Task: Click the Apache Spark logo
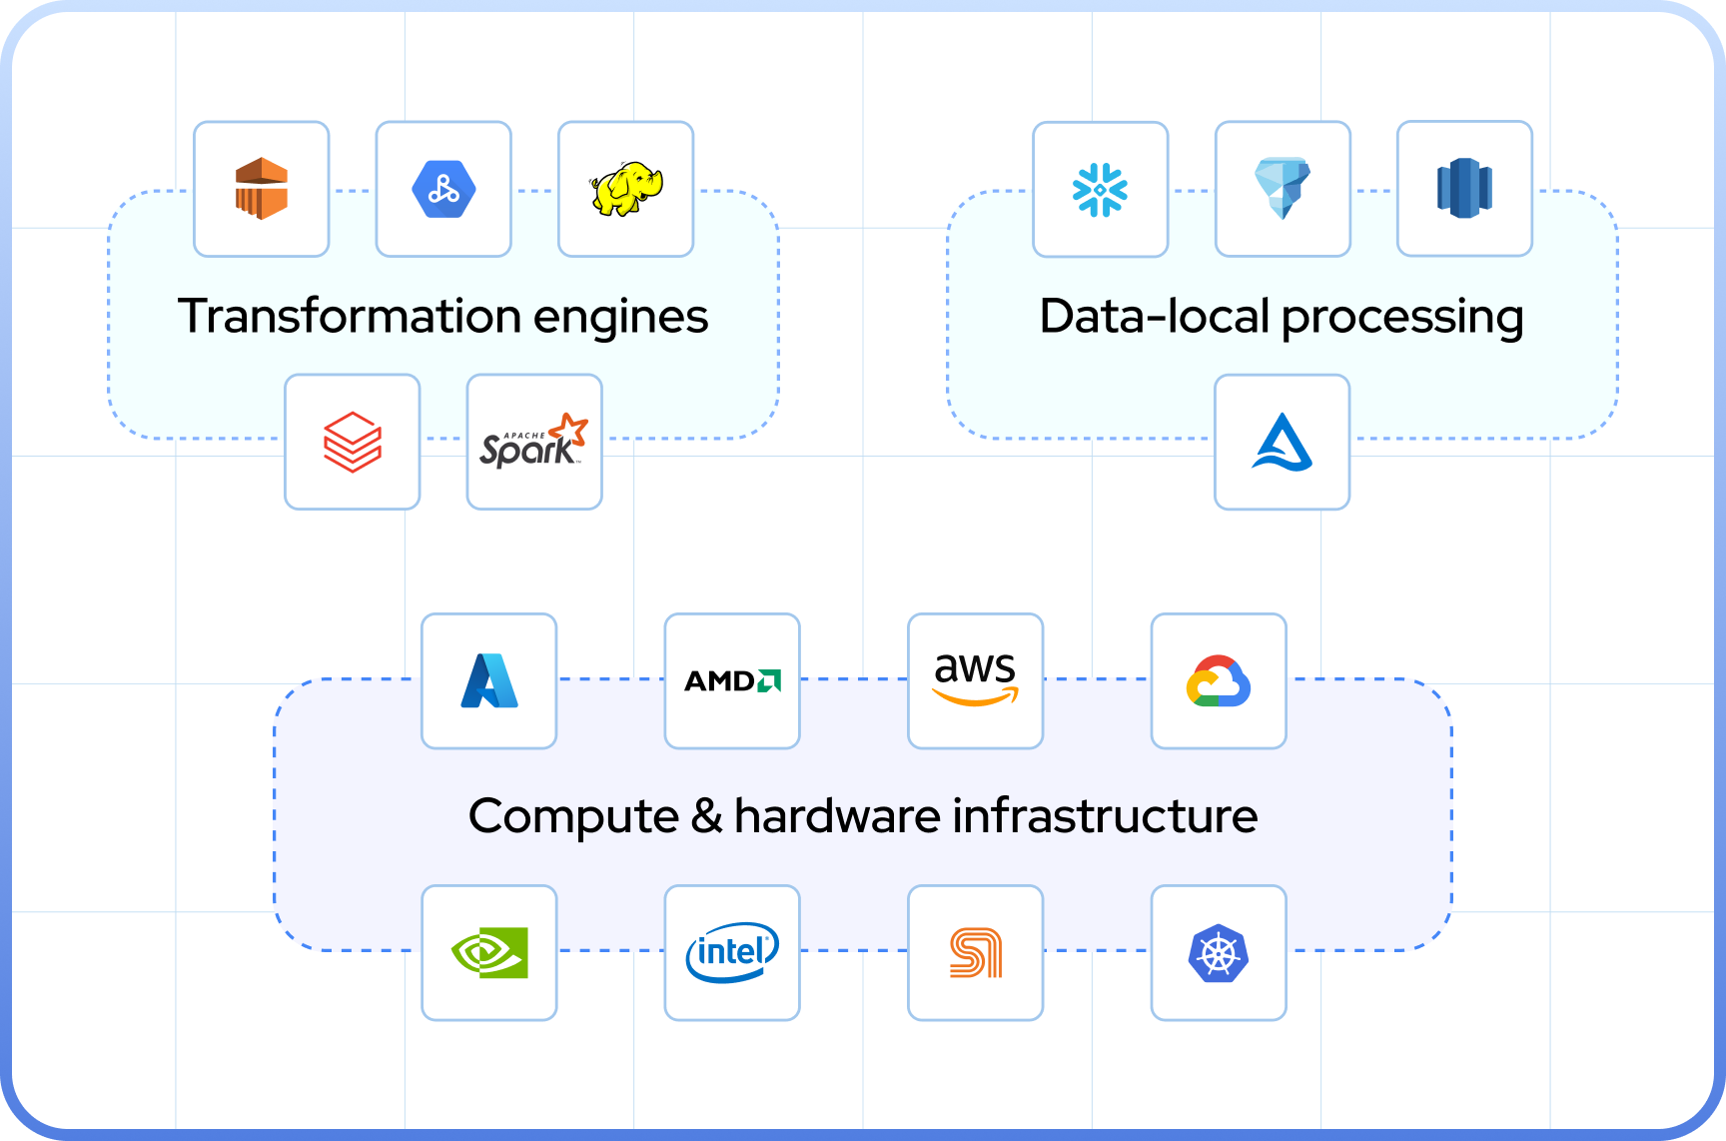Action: pos(534,442)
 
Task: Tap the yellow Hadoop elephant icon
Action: pos(626,189)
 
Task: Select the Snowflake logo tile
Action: pos(1100,189)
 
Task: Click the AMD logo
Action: pos(732,681)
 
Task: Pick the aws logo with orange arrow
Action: pos(975,679)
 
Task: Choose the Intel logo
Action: pos(732,952)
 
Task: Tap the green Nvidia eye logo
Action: pos(489,952)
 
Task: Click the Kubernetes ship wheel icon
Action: pos(1219,952)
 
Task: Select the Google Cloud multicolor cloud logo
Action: pos(1219,681)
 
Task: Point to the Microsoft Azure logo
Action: pos(489,681)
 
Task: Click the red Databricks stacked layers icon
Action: pos(353,442)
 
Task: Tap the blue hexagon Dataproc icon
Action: pos(443,189)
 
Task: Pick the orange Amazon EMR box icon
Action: pos(262,189)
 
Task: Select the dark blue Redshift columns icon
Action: pos(1464,189)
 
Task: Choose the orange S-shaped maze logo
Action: pos(975,952)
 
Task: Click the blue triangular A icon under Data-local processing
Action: pos(1283,442)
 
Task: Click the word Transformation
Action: pos(349,316)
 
